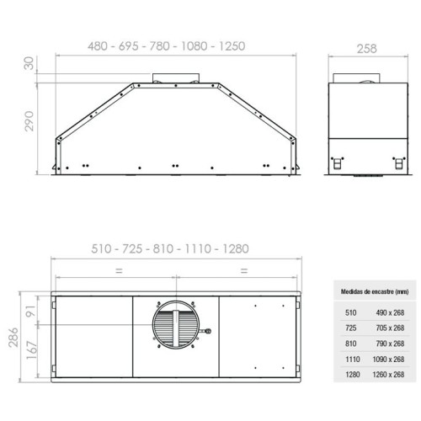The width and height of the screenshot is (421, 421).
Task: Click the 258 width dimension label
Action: [366, 49]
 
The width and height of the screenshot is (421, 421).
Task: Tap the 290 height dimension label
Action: [29, 121]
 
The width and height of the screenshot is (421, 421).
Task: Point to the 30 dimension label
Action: [29, 63]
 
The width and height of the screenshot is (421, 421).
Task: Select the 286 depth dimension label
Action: [13, 337]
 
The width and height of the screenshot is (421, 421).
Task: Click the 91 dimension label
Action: [31, 311]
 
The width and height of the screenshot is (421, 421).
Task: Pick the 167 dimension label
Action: [32, 350]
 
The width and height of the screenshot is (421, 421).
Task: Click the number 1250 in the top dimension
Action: [232, 46]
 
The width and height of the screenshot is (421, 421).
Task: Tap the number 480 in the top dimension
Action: [98, 46]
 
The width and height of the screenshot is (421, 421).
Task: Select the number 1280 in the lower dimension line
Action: [236, 249]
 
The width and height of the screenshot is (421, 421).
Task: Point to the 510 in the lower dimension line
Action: [101, 249]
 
